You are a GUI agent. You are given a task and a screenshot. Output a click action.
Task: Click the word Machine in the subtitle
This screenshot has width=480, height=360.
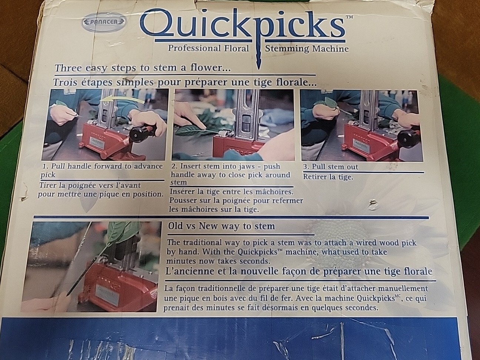pyautogui.click(x=331, y=49)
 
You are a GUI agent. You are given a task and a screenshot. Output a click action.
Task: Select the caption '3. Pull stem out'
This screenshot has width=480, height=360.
pyautogui.click(x=330, y=167)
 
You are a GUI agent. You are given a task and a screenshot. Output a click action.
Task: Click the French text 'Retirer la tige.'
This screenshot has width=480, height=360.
pyautogui.click(x=328, y=177)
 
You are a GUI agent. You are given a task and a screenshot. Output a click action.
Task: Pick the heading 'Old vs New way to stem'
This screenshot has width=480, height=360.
pyautogui.click(x=221, y=226)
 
